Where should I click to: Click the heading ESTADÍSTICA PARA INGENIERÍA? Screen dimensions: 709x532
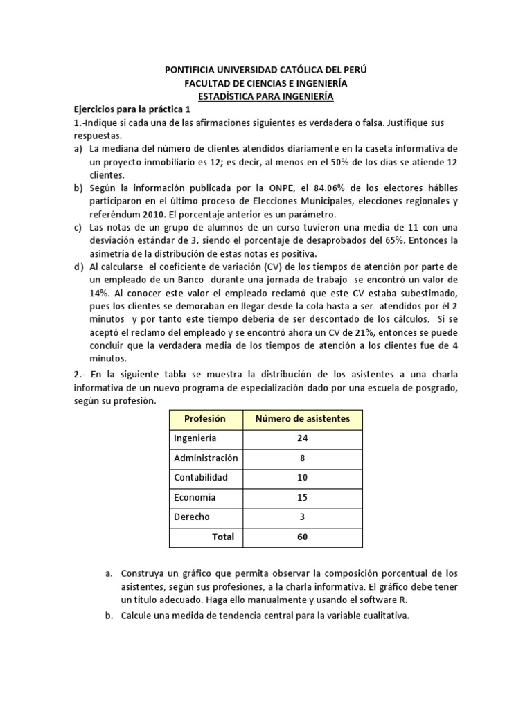[x=266, y=96]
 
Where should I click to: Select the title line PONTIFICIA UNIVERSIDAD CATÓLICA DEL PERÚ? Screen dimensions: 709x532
[x=266, y=70]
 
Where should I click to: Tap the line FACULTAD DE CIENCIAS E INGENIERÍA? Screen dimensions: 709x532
[x=266, y=83]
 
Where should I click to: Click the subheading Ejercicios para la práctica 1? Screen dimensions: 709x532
[x=136, y=109]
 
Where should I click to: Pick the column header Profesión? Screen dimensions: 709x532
[x=205, y=419]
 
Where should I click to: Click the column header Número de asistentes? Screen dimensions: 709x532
[x=303, y=419]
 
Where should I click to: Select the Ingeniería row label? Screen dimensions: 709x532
[x=195, y=438]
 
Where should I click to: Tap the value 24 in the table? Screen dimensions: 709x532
[x=302, y=438]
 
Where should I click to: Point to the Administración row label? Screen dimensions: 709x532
[x=206, y=458]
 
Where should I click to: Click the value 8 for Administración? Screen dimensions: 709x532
[x=302, y=458]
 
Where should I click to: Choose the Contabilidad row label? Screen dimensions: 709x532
[x=201, y=478]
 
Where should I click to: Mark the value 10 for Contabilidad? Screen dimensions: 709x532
[x=302, y=478]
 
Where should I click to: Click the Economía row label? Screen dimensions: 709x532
[x=195, y=497]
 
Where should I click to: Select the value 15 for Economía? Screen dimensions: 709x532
[x=302, y=497]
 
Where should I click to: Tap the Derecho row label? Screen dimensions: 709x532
[x=192, y=517]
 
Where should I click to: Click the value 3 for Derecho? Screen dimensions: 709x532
[x=302, y=517]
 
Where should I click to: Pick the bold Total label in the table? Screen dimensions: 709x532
[x=223, y=537]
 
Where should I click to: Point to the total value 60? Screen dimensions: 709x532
[x=302, y=537]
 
